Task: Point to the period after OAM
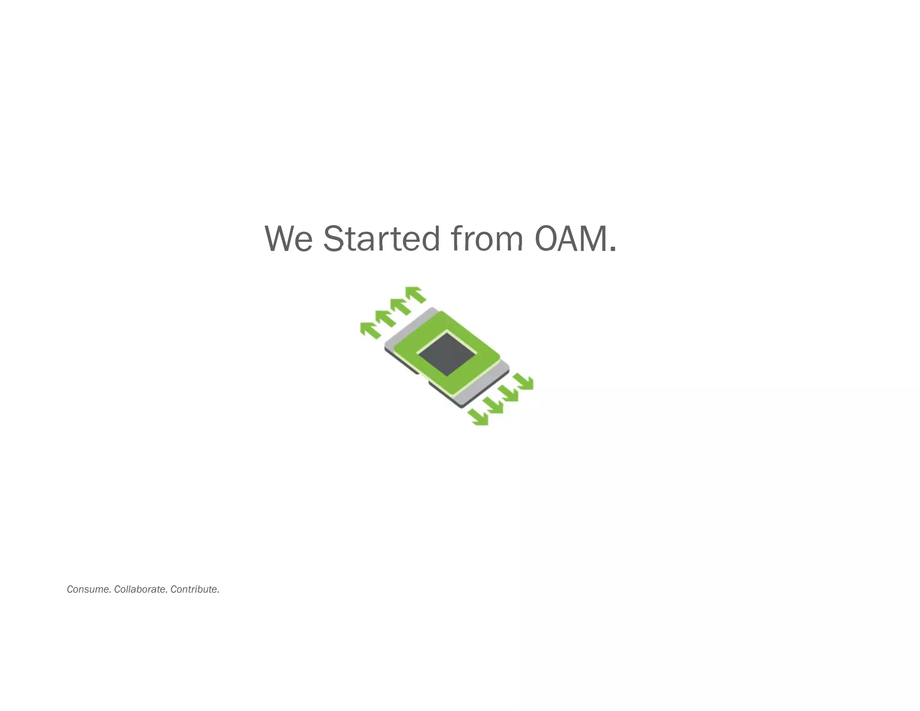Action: click(612, 249)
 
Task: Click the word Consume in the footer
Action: click(88, 589)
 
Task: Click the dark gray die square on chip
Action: click(446, 354)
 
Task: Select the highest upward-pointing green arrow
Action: click(416, 294)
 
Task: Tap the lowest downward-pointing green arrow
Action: click(479, 418)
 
